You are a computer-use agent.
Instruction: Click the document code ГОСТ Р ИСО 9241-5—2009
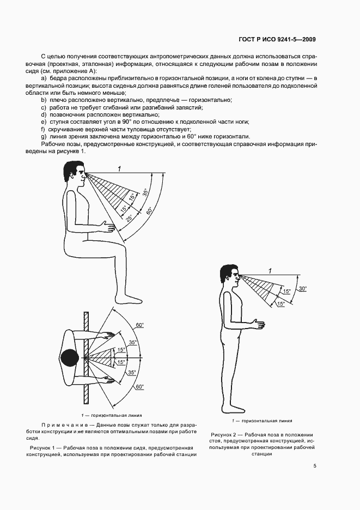pyautogui.click(x=277, y=39)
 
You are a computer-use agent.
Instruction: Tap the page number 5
pyautogui.click(x=315, y=466)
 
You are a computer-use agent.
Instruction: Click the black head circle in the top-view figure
pyautogui.click(x=71, y=357)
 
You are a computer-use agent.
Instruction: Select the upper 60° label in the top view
pyautogui.click(x=140, y=325)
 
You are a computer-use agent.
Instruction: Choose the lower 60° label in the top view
pyautogui.click(x=140, y=387)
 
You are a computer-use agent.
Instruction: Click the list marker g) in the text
pyautogui.click(x=44, y=136)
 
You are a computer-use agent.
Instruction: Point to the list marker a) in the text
pyautogui.click(x=44, y=78)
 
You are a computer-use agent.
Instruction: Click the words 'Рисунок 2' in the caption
pyautogui.click(x=224, y=434)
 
